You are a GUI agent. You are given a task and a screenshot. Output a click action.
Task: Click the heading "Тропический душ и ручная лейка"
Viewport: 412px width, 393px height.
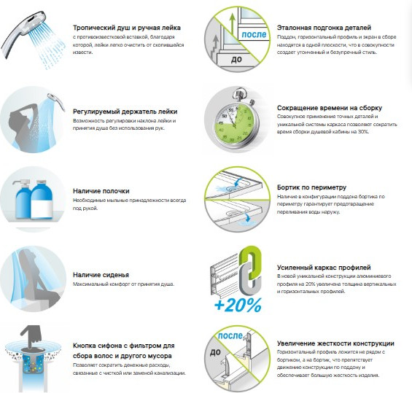[127, 28]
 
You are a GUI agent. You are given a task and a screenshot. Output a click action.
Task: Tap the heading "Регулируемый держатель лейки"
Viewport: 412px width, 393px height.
[125, 112]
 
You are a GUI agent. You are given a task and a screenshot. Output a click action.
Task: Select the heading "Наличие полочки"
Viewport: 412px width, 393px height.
[101, 191]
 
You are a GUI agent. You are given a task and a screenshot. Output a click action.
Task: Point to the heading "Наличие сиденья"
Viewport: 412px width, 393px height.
[101, 275]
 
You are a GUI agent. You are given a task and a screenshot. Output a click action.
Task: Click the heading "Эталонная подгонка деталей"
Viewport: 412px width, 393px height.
[324, 28]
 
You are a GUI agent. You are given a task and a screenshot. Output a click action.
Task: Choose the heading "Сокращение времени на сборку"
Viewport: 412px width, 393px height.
[330, 108]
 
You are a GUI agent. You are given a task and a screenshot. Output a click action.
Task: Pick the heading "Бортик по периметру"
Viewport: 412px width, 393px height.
[311, 187]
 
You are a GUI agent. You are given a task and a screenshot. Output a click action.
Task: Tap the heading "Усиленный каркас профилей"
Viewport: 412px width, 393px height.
[324, 268]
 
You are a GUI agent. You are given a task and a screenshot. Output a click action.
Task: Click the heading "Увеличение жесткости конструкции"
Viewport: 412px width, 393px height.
[335, 343]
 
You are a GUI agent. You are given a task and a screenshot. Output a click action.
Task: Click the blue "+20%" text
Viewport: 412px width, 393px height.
[238, 305]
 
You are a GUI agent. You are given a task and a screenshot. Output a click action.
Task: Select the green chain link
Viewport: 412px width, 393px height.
[251, 262]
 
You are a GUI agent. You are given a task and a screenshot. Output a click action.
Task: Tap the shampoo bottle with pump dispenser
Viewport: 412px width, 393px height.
[23, 198]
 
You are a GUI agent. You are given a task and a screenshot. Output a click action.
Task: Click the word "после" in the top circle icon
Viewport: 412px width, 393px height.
[254, 34]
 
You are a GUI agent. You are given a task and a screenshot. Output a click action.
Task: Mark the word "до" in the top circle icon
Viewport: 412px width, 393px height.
[236, 59]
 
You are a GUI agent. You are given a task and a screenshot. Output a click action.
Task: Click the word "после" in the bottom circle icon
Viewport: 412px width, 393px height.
[230, 335]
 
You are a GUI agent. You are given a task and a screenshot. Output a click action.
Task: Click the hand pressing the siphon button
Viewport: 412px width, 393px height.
[32, 337]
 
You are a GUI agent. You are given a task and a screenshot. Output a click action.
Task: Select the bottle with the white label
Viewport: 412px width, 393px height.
[42, 199]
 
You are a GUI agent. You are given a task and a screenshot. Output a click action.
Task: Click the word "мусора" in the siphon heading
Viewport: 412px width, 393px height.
[158, 356]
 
